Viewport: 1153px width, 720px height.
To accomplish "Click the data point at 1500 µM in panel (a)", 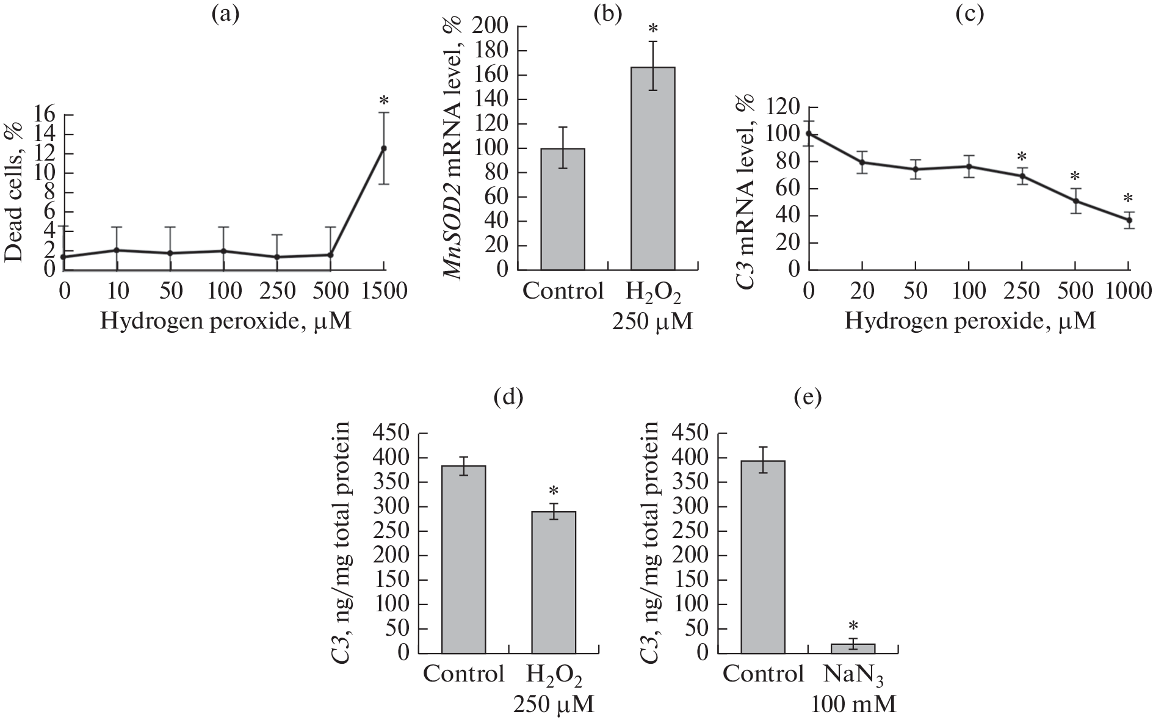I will pos(384,148).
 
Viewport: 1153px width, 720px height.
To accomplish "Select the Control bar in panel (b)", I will pos(563,209).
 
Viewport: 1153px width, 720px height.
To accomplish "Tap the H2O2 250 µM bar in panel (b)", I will pos(652,169).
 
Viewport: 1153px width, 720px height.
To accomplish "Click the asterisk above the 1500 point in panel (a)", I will pos(384,100).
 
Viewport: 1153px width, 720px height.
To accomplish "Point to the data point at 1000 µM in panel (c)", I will pos(1129,220).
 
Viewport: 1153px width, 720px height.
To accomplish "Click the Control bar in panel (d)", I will pos(464,559).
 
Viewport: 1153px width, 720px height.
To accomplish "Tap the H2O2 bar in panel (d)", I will pos(554,582).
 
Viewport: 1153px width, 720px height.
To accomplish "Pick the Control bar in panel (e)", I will pos(763,557).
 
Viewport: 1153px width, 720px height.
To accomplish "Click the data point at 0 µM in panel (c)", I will pos(809,133).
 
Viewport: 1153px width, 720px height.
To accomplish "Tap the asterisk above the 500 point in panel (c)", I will pos(1075,177).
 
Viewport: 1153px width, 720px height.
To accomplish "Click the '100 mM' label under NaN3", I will pos(853,705).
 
